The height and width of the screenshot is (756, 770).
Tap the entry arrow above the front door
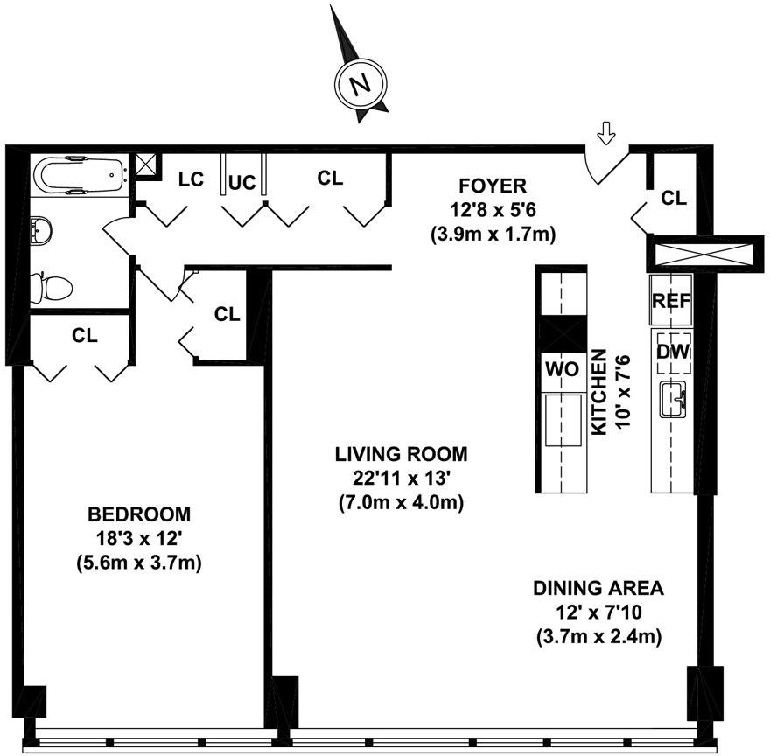click(606, 133)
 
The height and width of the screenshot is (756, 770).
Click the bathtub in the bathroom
click(80, 175)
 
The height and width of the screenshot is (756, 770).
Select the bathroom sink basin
click(41, 230)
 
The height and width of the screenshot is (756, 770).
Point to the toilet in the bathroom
click(51, 287)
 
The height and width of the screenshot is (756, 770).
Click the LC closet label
click(191, 179)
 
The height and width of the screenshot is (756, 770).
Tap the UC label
click(242, 183)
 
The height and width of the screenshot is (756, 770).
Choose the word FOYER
click(493, 186)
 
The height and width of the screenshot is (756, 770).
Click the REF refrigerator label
click(671, 301)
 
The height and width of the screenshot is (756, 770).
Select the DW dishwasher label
click(673, 351)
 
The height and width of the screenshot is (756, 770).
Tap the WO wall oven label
click(563, 369)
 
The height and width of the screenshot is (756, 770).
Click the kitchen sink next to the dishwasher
click(673, 399)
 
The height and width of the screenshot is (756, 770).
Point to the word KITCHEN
click(599, 392)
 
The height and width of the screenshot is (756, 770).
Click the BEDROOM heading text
click(139, 514)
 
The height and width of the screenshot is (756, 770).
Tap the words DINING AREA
click(598, 588)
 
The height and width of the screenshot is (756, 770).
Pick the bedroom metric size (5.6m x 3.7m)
click(139, 563)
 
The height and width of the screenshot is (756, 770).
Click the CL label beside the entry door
click(674, 198)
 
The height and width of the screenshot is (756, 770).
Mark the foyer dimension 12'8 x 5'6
click(493, 210)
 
